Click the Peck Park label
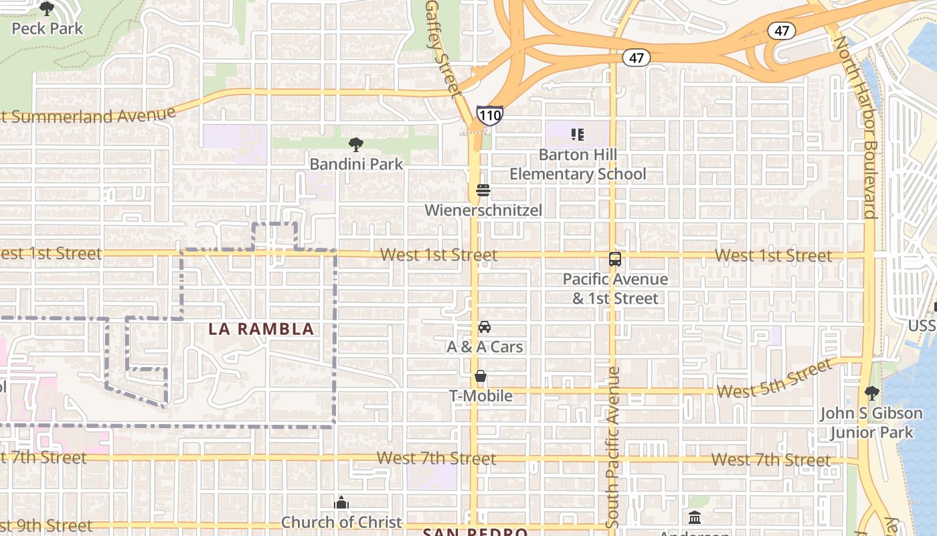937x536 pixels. [x=48, y=28]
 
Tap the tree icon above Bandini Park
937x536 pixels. [x=356, y=144]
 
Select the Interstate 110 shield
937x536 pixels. [x=489, y=115]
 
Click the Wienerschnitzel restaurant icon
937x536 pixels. [x=483, y=191]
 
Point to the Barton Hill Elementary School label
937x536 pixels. [x=578, y=164]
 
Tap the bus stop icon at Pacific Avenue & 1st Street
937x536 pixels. [x=614, y=259]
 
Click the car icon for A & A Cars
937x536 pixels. [x=484, y=327]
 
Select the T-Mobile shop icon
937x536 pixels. [x=481, y=377]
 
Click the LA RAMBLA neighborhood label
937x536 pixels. [x=261, y=329]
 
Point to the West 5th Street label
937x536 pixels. [x=774, y=380]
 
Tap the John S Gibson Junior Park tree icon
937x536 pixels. [x=871, y=393]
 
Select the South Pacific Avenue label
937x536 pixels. [x=613, y=446]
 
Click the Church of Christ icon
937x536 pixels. [x=341, y=503]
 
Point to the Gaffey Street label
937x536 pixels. [x=444, y=47]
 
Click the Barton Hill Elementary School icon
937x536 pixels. [x=578, y=135]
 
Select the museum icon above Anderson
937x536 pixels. [x=694, y=518]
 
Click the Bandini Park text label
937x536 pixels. [x=356, y=164]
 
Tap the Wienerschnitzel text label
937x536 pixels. [x=483, y=210]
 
